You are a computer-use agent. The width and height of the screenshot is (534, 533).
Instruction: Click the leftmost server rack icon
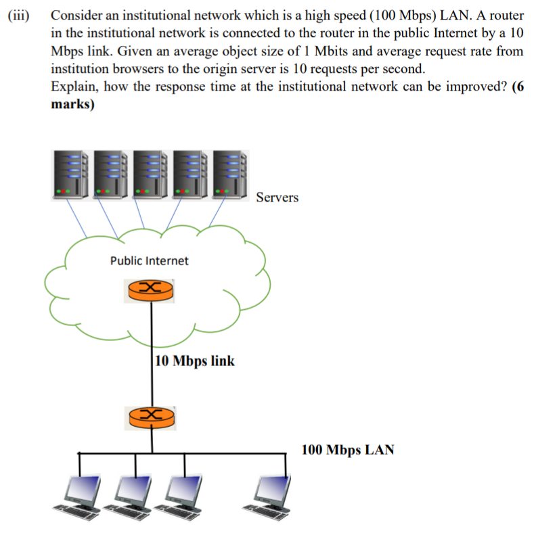coord(71,175)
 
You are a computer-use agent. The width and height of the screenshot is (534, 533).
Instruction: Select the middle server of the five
coord(152,175)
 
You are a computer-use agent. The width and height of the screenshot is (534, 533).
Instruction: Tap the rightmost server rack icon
coord(231,175)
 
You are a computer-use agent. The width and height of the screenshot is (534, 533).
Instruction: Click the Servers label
coord(277,198)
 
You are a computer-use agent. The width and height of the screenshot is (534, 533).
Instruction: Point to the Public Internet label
coord(150,260)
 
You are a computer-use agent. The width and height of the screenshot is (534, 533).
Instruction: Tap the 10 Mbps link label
coord(195,361)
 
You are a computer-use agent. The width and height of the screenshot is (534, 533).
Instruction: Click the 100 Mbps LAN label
coord(347,450)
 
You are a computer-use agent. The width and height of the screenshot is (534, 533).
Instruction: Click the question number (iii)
coord(18,16)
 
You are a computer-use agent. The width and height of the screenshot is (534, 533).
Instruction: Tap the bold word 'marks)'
coord(73,104)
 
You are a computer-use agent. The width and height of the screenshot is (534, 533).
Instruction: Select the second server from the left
coord(112,175)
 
